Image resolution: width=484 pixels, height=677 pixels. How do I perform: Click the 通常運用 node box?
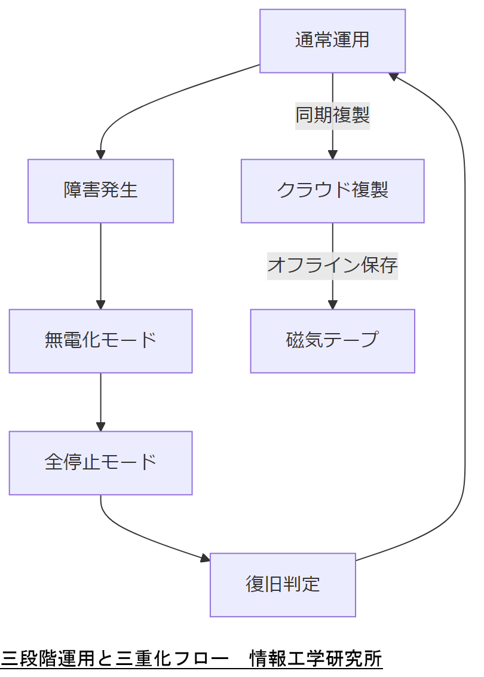332,41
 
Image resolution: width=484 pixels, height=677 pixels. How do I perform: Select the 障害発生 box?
100,191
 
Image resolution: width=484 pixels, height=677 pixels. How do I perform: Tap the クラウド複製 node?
332,191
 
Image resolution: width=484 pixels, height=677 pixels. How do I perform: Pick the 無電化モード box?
100,341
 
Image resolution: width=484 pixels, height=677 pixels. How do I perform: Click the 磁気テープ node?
332,341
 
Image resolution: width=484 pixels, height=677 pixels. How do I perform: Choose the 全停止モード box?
100,463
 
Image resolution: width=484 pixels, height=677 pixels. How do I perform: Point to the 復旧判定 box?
283,584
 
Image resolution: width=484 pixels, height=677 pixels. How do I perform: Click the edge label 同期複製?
332,115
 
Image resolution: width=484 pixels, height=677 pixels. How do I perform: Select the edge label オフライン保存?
332,265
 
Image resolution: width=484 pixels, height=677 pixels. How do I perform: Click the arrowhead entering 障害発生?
100,154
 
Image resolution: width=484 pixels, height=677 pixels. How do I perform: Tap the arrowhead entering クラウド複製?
332,154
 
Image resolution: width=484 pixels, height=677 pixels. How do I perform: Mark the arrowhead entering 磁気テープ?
332,304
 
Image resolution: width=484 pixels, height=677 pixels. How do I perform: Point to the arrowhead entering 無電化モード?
100,304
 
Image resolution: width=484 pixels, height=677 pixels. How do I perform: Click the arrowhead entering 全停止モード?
100,426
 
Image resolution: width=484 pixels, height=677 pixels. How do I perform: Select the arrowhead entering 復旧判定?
205,559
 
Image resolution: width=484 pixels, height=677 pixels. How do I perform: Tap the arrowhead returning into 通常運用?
393,76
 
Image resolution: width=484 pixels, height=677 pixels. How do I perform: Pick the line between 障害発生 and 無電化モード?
100,263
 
